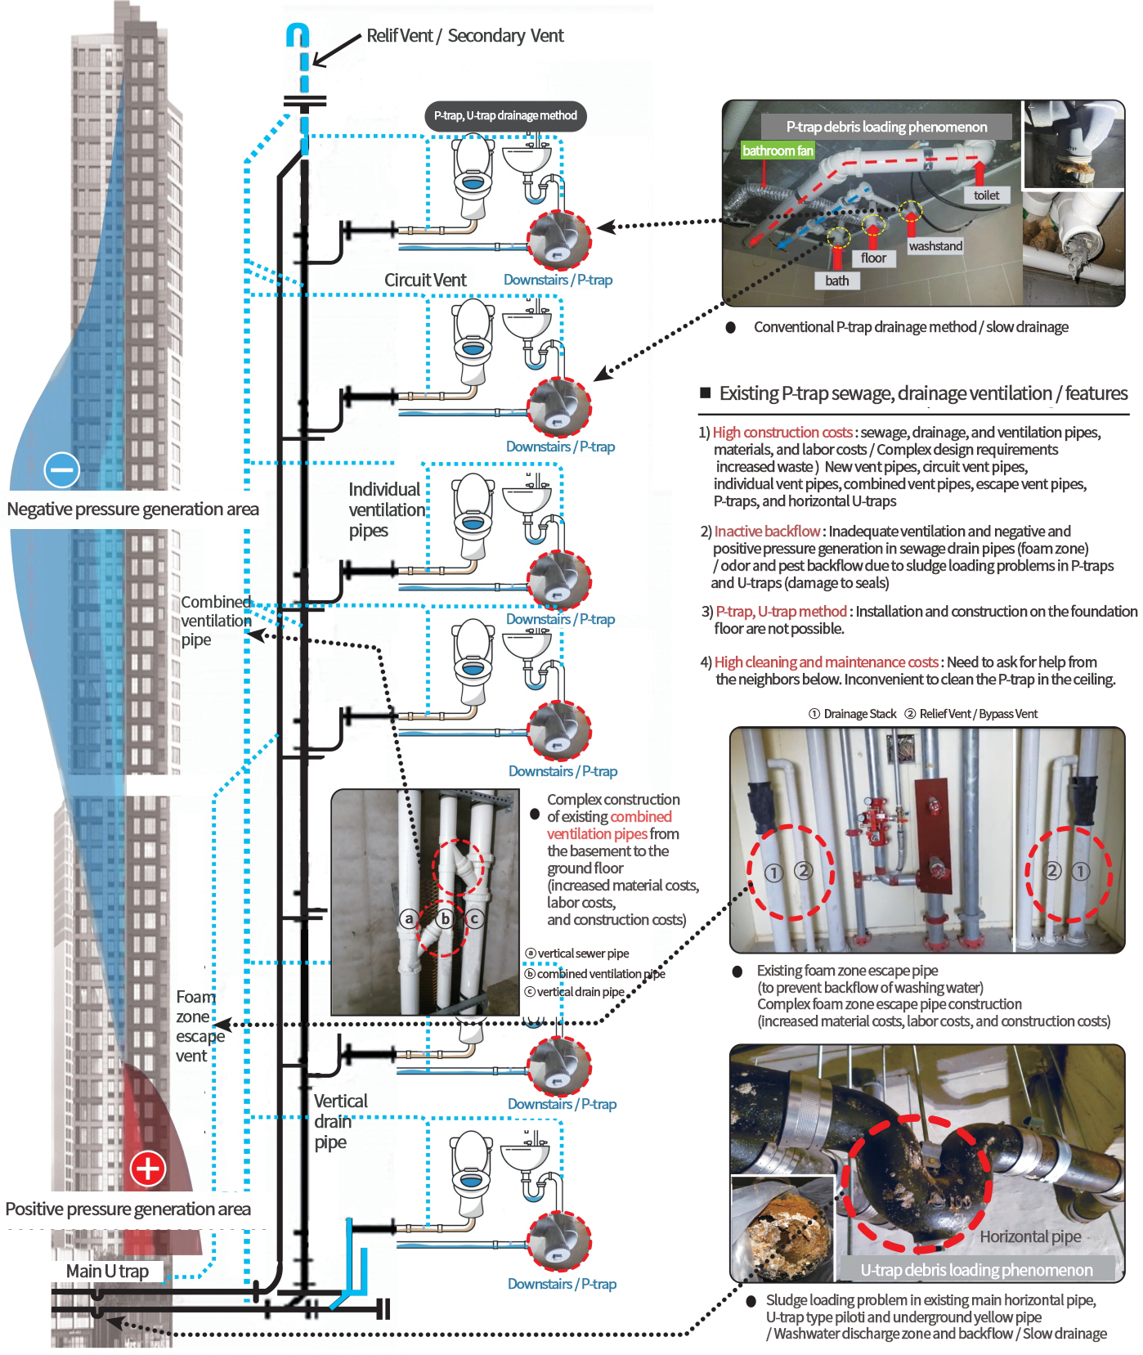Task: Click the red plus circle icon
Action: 148,1168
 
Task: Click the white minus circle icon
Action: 62,469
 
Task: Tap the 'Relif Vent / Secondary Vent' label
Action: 464,36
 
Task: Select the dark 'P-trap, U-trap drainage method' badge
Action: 505,116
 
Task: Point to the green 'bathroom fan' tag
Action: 778,150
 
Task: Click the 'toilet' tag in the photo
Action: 986,195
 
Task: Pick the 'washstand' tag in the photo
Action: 935,246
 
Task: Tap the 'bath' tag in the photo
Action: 836,280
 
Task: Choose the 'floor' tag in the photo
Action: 873,258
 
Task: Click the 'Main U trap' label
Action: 107,1271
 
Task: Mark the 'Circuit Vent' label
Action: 425,280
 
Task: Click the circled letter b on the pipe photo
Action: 445,918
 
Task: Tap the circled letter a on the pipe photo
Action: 409,918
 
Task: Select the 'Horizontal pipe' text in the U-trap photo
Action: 1030,1236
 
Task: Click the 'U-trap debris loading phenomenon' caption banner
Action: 976,1270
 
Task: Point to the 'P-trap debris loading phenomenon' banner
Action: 886,127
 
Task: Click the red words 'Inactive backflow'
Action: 767,532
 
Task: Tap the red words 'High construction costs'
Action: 782,433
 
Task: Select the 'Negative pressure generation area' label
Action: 132,509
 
